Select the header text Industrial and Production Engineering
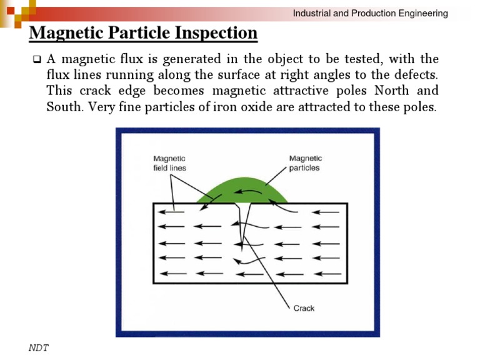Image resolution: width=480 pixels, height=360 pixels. click(371, 13)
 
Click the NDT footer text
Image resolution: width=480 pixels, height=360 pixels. click(39, 347)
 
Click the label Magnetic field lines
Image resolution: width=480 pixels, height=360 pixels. click(169, 163)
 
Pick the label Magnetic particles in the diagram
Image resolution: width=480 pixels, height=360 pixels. click(305, 163)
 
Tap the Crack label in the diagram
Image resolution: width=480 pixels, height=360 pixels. click(304, 308)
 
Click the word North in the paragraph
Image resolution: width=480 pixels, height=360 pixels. click(391, 91)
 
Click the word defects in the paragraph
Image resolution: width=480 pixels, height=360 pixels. click(416, 75)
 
